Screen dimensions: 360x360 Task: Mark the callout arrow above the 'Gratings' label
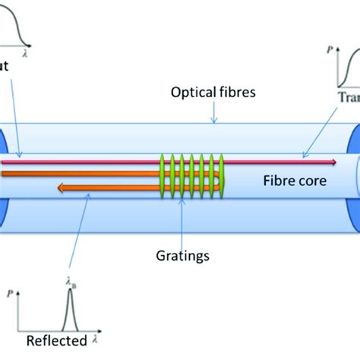(x=182, y=228)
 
